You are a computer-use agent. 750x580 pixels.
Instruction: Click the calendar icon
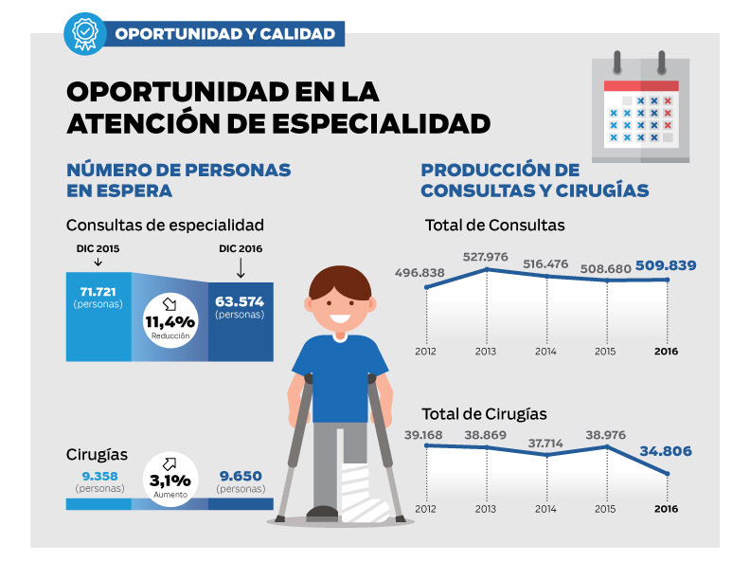click(640, 106)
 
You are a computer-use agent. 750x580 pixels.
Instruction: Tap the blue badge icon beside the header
click(84, 33)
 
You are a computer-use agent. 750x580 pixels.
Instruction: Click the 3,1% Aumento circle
click(170, 480)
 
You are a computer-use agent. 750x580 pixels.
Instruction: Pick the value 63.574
click(240, 301)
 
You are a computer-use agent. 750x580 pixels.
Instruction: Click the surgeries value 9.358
click(98, 475)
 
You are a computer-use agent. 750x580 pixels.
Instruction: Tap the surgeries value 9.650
click(240, 475)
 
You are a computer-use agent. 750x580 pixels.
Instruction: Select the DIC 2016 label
click(240, 249)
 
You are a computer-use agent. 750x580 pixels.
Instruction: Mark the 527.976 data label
click(486, 256)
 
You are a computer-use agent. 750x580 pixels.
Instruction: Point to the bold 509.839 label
click(668, 265)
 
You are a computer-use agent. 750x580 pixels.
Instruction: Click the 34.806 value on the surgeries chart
click(669, 452)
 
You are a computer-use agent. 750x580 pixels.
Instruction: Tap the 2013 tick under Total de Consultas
click(486, 351)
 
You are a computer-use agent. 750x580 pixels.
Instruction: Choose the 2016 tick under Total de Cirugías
click(667, 510)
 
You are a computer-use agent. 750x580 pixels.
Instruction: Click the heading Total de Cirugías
click(486, 414)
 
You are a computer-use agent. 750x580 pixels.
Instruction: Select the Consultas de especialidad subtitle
click(165, 226)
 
